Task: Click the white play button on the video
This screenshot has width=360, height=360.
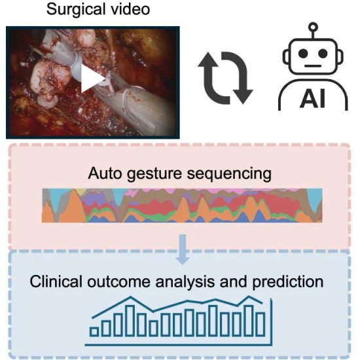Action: click(92, 79)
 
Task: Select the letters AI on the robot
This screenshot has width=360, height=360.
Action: click(313, 99)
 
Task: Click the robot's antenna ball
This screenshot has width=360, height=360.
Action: click(313, 27)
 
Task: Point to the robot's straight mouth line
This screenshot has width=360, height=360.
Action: click(313, 66)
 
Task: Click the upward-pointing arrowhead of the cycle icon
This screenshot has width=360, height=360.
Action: click(208, 60)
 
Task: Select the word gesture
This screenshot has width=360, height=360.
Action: click(154, 174)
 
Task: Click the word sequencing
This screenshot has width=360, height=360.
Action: click(229, 174)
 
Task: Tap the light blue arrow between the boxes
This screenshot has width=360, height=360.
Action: click(183, 249)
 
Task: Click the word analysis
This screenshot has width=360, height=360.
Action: click(185, 282)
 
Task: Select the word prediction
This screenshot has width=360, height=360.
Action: click(288, 282)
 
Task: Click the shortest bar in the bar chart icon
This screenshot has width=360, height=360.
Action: click(94, 332)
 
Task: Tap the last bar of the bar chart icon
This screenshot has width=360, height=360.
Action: click(261, 324)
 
